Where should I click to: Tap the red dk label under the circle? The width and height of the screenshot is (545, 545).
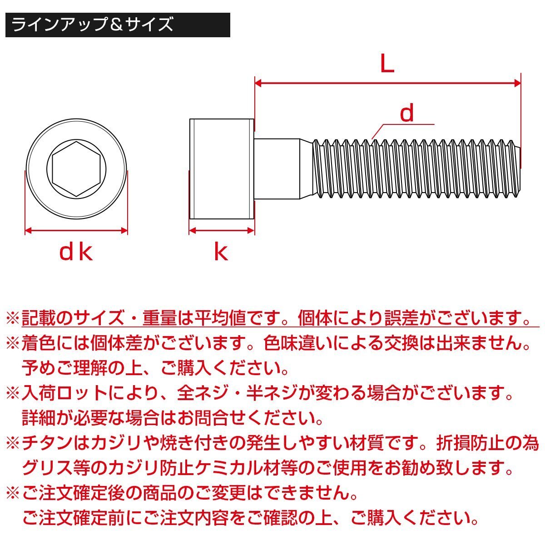[76, 252]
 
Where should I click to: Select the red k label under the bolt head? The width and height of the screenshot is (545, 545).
[221, 252]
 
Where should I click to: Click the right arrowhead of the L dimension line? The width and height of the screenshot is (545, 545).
[516, 83]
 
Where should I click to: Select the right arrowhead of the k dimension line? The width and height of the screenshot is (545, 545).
[251, 231]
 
